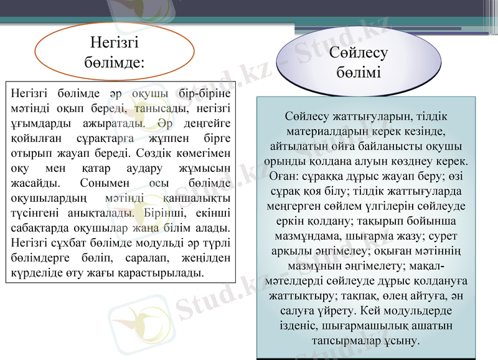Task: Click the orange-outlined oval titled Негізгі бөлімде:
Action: coord(114,52)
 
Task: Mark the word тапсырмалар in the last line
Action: coord(342,341)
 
